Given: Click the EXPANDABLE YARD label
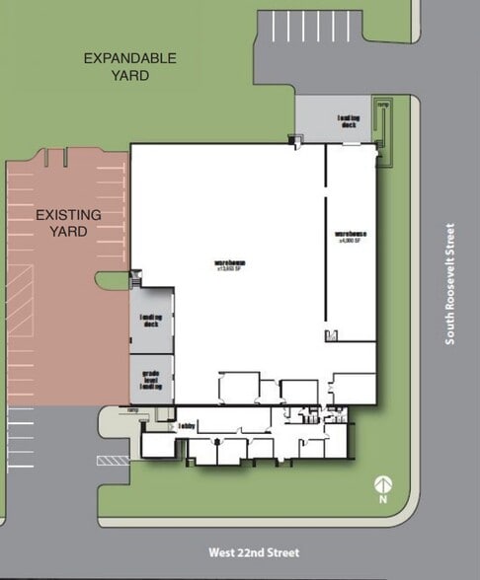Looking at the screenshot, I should click(129, 66).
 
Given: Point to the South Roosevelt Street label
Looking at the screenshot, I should click(449, 284).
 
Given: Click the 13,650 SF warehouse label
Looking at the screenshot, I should click(229, 265).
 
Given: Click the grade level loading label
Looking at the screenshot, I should click(150, 380).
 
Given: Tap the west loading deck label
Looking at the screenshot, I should click(150, 321).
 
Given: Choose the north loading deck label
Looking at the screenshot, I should click(349, 119).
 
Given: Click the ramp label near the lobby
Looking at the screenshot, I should click(131, 410).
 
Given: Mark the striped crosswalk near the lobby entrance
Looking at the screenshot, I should click(113, 460).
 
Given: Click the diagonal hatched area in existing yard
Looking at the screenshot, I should click(21, 296).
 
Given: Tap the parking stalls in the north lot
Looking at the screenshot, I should click(309, 26).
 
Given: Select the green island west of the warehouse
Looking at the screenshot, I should click(112, 280).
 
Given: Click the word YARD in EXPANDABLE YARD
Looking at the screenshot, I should click(129, 75).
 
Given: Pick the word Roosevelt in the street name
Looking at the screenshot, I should click(449, 271).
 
